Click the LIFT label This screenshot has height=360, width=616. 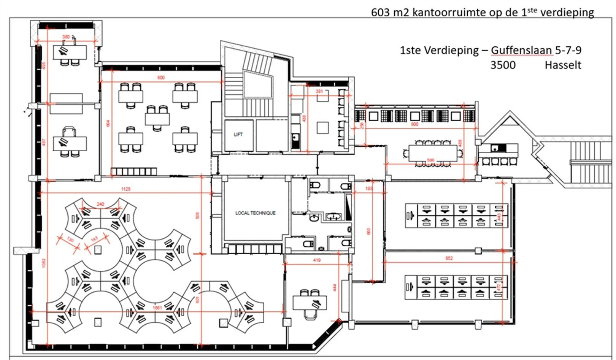point(238,135)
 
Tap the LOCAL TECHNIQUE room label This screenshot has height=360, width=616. point(255,213)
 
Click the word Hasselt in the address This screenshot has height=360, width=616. point(563,65)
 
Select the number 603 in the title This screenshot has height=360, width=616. point(381,13)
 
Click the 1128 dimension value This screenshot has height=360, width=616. point(125,189)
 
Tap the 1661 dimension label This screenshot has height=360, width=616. point(157,308)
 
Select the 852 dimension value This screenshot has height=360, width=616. point(449,259)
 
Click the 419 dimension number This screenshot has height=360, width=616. point(316,260)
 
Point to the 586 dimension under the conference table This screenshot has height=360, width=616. point(430,160)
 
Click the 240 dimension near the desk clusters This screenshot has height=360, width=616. point(100,205)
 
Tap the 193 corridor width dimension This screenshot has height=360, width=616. point(369,189)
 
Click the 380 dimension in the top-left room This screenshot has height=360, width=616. point(66,37)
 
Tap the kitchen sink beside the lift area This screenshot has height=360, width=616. point(296,141)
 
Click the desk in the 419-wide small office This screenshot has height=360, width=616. point(310,303)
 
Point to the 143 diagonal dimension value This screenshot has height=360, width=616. point(94,239)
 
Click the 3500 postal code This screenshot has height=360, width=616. point(503,65)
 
